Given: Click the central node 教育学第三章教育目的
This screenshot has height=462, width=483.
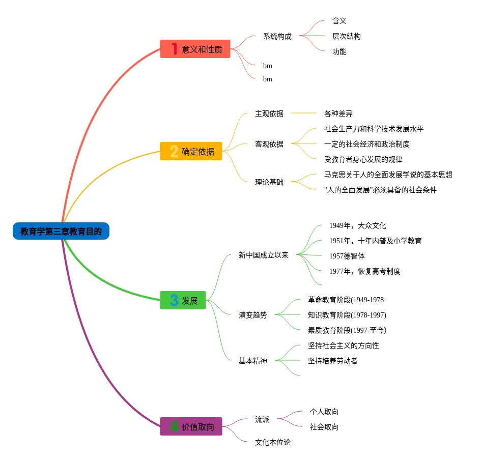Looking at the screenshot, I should [x=61, y=232].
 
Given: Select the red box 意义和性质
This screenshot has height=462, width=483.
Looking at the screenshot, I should [x=195, y=49].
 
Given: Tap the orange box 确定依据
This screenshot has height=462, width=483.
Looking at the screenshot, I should [x=191, y=151].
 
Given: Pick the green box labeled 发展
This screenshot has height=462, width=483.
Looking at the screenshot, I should [x=183, y=300].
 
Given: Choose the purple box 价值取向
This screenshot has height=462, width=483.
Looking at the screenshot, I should [x=191, y=426].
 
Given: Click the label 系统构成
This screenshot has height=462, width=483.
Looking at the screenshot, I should [x=277, y=36].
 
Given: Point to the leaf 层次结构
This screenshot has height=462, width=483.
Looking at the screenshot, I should [x=346, y=36].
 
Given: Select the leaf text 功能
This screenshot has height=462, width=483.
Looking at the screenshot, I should [x=339, y=51].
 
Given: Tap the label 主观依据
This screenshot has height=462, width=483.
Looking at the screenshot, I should [x=269, y=113].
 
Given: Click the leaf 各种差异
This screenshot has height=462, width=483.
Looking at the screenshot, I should [x=338, y=113].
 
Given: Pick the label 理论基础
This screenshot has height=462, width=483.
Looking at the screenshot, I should [x=269, y=182].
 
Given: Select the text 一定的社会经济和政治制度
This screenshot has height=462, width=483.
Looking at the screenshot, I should [x=366, y=144].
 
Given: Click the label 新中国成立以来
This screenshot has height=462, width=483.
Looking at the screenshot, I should [x=263, y=255].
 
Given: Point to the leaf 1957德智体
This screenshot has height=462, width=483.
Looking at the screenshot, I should [x=347, y=256].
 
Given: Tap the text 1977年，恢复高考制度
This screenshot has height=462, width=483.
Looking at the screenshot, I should [x=364, y=271].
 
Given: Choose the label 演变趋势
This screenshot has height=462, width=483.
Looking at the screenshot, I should [x=252, y=315].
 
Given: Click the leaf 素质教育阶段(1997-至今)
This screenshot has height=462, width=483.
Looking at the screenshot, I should [x=347, y=330].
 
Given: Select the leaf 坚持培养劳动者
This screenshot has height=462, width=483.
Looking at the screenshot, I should [x=332, y=361].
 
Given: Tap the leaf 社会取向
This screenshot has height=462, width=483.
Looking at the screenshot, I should [x=324, y=427].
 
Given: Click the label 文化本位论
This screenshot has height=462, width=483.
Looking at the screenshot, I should [x=272, y=442].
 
